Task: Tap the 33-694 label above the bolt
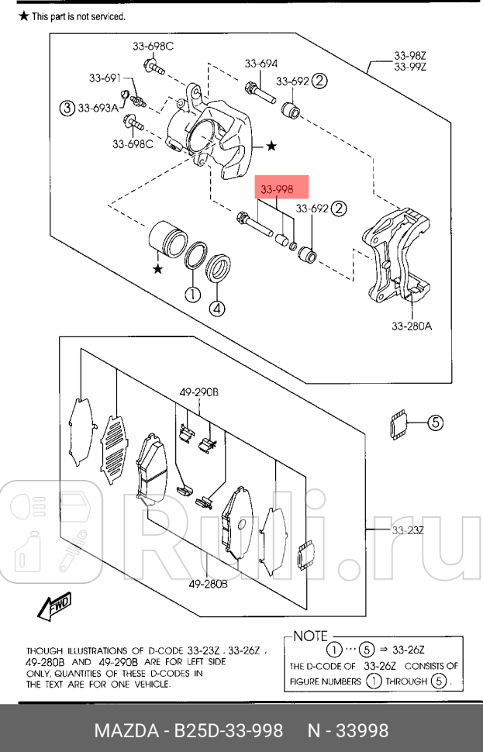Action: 261,64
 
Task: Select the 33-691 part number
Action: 105,78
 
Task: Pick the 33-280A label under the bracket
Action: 410,326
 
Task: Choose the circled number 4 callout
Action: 217,309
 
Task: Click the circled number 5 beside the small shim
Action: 435,423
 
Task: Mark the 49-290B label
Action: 199,394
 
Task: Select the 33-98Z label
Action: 410,56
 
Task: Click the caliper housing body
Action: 213,136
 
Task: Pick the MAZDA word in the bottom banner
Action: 125,730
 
